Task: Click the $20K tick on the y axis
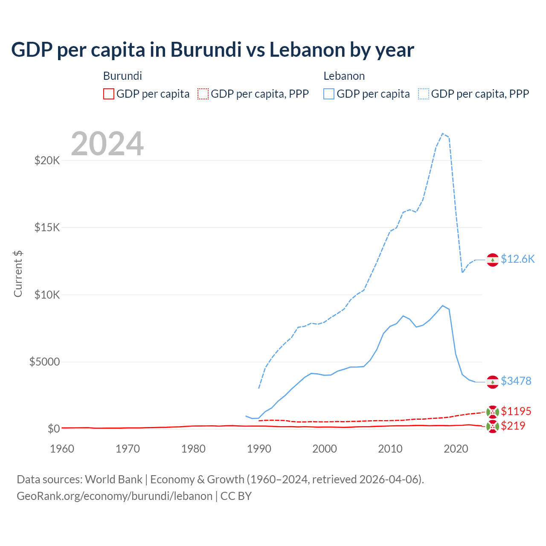[47, 161]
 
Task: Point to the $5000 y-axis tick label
[44, 362]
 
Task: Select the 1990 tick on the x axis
[259, 449]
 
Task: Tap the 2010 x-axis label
[390, 449]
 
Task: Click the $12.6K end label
[517, 259]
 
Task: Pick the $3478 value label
[516, 381]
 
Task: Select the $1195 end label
[516, 411]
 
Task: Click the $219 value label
[513, 426]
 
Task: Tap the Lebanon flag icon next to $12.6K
[493, 260]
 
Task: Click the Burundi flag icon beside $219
[493, 426]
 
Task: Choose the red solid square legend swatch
[109, 94]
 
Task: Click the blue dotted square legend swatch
[424, 94]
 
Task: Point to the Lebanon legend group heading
[344, 76]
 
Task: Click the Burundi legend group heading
[122, 76]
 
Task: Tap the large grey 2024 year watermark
[107, 144]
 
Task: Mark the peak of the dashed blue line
[442, 134]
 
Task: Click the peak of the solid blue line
[442, 305]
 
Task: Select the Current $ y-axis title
[18, 274]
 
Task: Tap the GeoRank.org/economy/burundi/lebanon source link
[114, 496]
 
